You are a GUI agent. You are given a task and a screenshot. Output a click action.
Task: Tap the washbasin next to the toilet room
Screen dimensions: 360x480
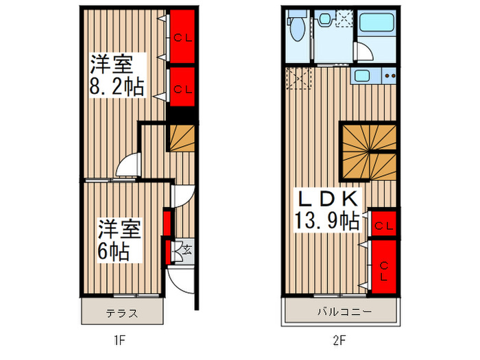(x=325, y=19)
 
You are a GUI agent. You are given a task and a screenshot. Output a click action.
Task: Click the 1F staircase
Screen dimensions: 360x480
(x=182, y=140)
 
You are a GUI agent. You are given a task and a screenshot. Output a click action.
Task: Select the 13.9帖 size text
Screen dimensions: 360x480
(x=326, y=221)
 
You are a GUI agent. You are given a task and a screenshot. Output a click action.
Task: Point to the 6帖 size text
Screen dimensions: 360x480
(x=113, y=250)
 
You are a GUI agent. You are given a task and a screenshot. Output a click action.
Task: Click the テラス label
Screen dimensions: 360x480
(x=123, y=314)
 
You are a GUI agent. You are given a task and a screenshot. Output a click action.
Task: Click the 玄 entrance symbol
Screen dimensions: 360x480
(x=187, y=250)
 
